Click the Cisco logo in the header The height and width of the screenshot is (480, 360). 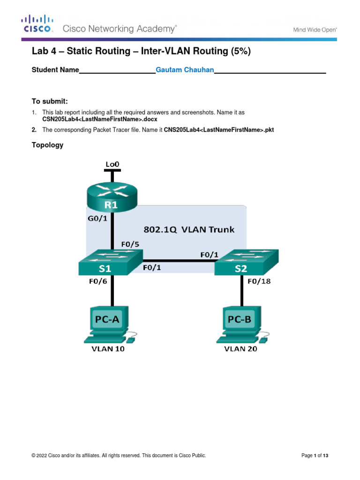[37, 24]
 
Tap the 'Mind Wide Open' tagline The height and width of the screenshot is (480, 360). [315, 29]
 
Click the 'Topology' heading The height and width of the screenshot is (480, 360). [47, 145]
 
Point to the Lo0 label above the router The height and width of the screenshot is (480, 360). [112, 164]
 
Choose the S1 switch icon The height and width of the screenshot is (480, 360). [111, 263]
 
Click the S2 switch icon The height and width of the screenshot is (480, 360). [246, 263]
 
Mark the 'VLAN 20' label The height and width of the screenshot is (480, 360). [240, 349]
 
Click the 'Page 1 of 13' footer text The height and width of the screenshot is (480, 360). [315, 455]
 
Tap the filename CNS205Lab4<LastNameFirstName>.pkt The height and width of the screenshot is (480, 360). [218, 130]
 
